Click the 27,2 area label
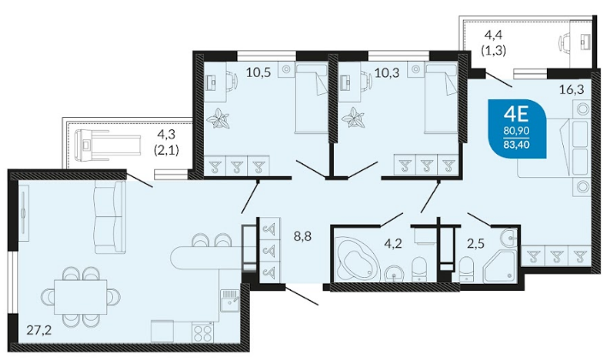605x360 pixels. pos(39,330)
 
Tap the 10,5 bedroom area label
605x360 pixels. pos(258,72)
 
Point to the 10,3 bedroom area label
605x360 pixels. pos(388,72)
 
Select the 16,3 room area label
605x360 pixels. pos(572,90)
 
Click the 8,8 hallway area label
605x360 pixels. pos(303,236)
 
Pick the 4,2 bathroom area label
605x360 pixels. pos(394,244)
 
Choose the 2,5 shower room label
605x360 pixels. pos(476,244)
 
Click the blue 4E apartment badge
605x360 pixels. pos(517,128)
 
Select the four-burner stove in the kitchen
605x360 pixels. pos(203,333)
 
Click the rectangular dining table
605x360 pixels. pos(80,298)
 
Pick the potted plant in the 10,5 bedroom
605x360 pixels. pos(218,118)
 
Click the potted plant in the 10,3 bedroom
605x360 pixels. pos(353,117)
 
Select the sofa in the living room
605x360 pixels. pos(110,217)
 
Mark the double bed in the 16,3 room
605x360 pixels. pos(554,148)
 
